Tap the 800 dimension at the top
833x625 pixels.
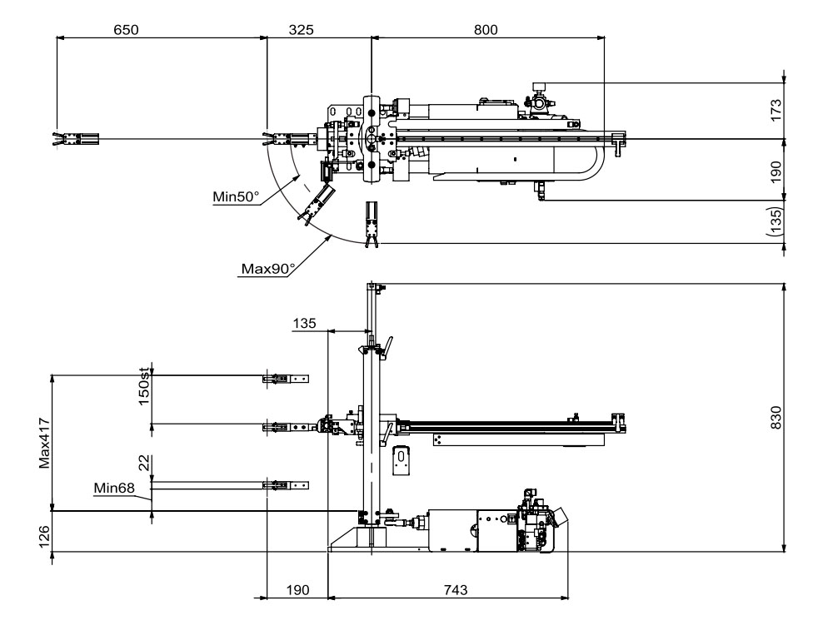(485, 29)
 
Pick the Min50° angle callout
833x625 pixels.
(236, 197)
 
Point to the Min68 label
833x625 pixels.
(112, 488)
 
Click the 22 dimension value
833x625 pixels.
(143, 463)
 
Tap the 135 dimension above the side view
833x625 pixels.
(305, 322)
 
